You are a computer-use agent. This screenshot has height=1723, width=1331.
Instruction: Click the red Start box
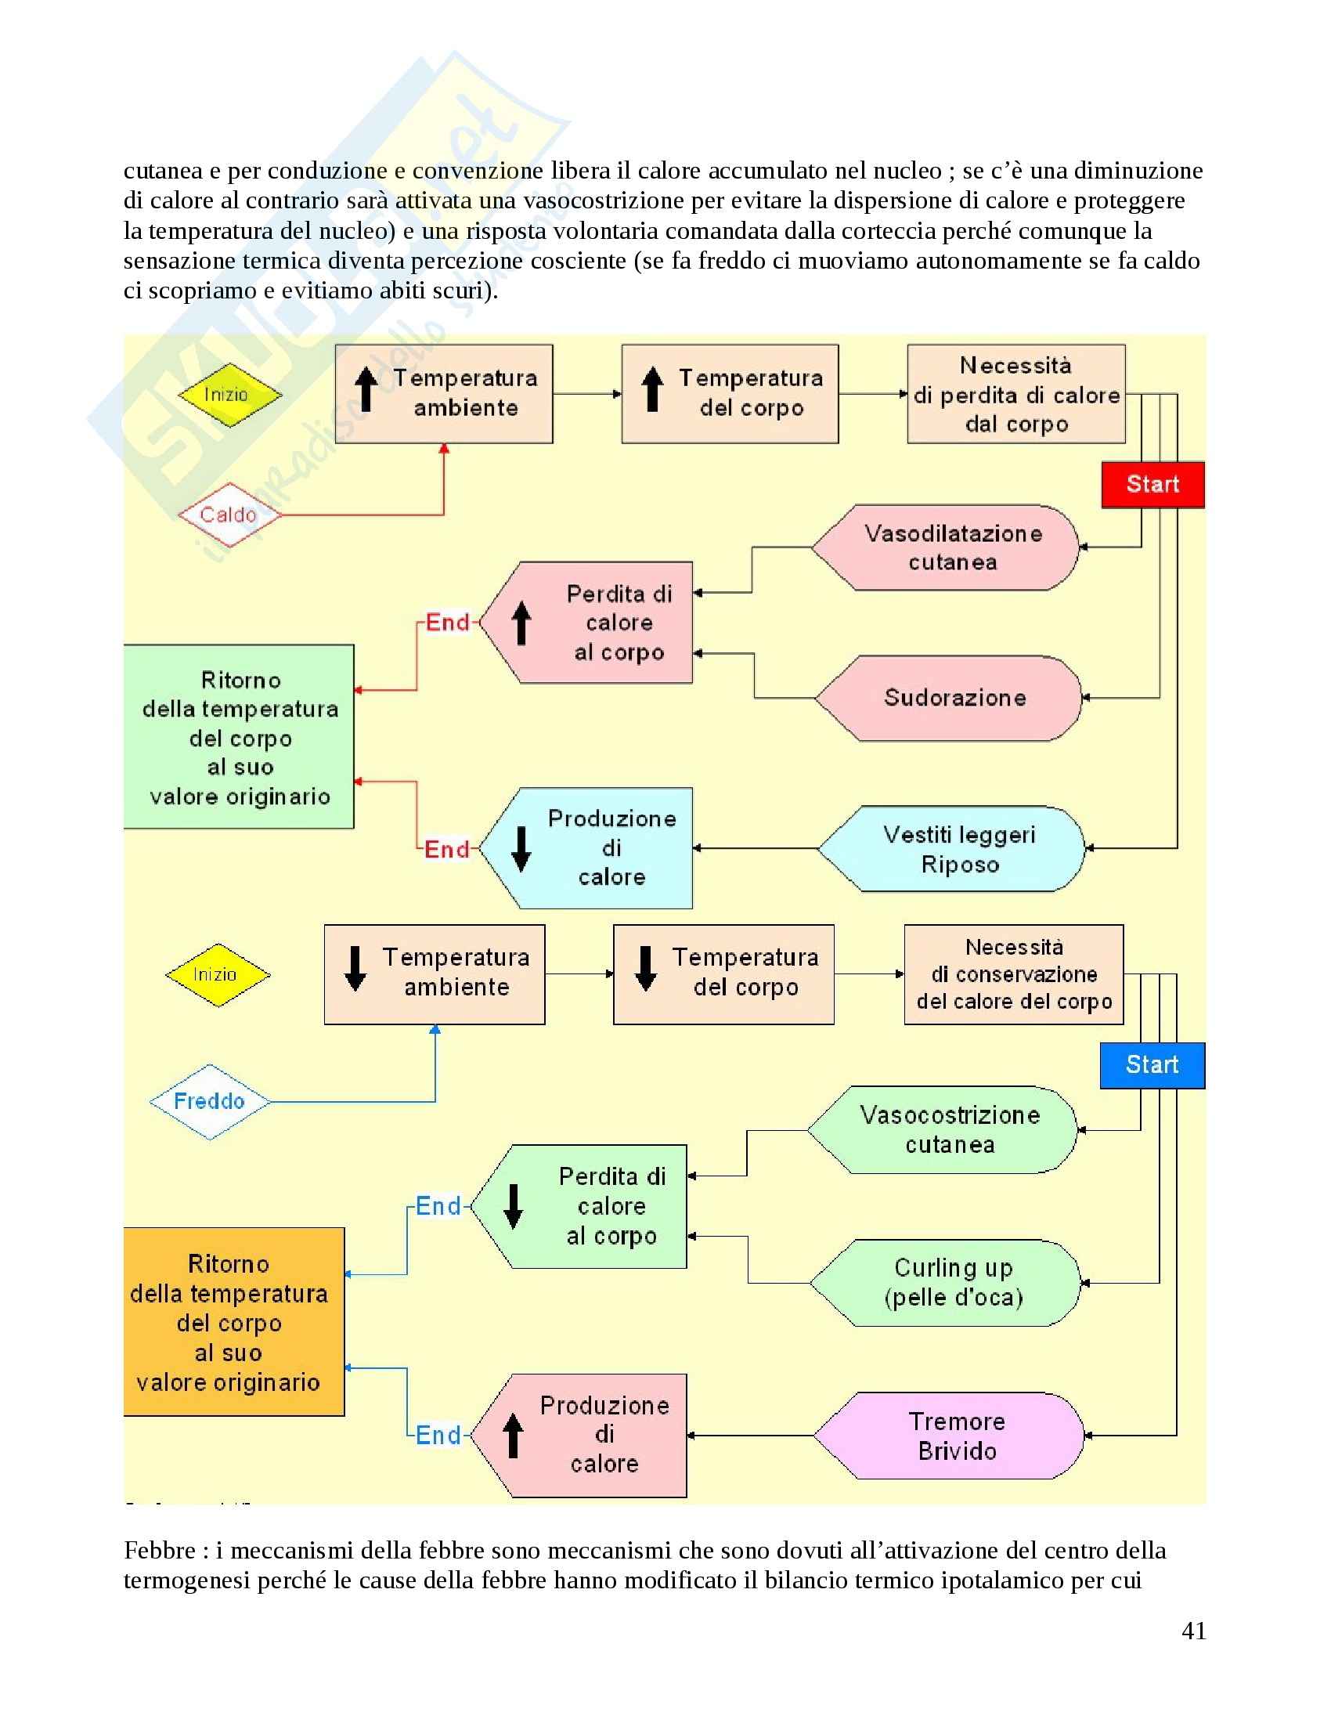[x=1152, y=484]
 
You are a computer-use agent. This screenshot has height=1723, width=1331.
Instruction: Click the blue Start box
[x=1152, y=1065]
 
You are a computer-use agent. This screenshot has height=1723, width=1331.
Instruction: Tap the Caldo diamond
[x=229, y=515]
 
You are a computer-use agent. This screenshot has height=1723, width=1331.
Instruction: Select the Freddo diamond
[x=210, y=1101]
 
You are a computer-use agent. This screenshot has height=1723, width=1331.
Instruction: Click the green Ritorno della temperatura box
[x=239, y=737]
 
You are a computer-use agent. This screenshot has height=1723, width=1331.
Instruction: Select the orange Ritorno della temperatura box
[x=234, y=1322]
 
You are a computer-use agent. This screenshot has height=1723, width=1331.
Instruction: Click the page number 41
[x=1194, y=1631]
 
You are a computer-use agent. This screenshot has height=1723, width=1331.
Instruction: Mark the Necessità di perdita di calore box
[x=1015, y=395]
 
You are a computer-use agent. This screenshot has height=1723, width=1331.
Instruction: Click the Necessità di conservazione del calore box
[x=1014, y=974]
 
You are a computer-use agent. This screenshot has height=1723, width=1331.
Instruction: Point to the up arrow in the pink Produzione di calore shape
[x=514, y=1436]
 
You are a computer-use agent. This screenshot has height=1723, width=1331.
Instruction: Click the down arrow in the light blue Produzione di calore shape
[x=521, y=849]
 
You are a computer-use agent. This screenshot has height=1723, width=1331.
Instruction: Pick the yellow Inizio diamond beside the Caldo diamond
[x=229, y=395]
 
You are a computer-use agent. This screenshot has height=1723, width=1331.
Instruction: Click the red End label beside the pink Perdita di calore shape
[x=448, y=623]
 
